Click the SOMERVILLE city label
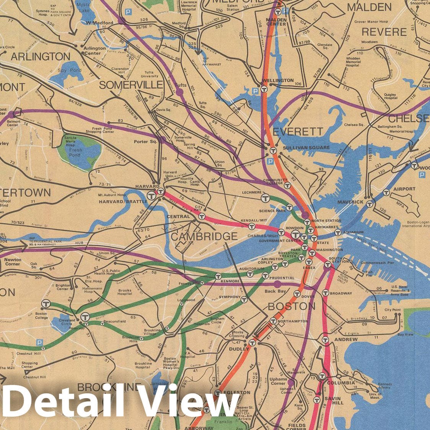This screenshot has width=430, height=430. click(131, 85)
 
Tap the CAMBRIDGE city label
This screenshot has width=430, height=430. click(199, 236)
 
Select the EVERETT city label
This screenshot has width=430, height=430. click(298, 132)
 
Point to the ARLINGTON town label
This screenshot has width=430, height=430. click(41, 57)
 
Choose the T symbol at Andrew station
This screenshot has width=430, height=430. click(326, 339)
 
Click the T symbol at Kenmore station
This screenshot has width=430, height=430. click(218, 276)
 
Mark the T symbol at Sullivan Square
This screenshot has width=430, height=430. click(272, 150)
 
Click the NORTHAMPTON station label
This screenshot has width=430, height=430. click(293, 321)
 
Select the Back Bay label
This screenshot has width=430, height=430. click(275, 292)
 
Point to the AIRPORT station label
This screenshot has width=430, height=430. click(404, 189)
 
